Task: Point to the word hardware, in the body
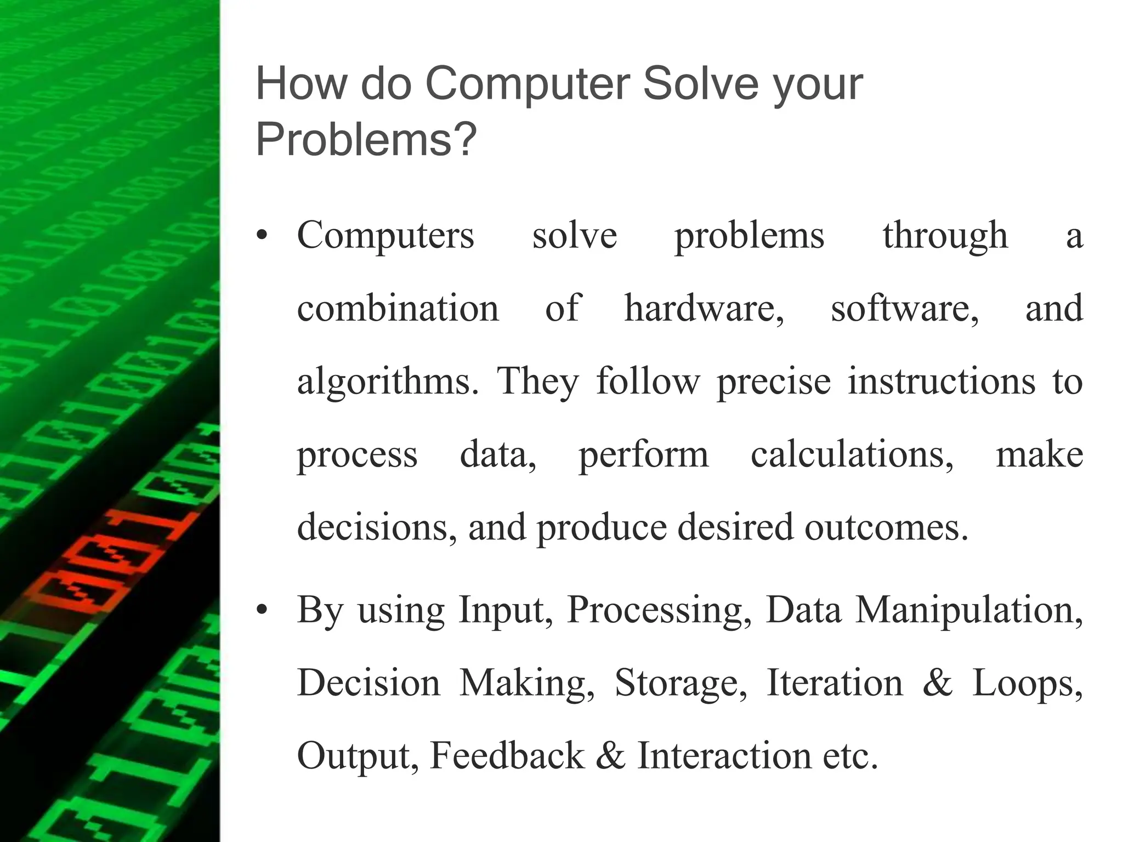click(x=704, y=308)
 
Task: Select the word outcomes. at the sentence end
click(x=887, y=527)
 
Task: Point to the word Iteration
click(x=835, y=683)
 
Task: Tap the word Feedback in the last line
click(x=507, y=755)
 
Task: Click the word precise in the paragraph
click(x=774, y=382)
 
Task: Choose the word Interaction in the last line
click(x=724, y=755)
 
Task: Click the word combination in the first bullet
click(x=398, y=308)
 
